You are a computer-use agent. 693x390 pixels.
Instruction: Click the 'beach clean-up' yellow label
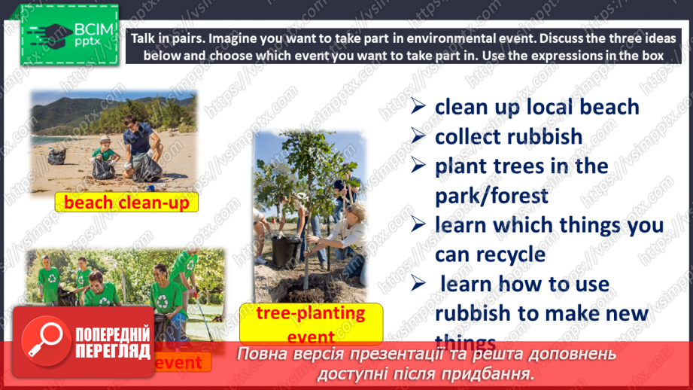[126, 203]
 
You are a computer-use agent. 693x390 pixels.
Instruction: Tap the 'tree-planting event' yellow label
[311, 323]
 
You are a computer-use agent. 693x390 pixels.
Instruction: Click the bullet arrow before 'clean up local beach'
[419, 106]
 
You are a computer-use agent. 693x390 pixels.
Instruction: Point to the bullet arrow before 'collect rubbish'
[419, 136]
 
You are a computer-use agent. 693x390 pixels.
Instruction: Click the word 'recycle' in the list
[511, 254]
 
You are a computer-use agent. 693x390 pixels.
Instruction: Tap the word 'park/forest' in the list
[491, 195]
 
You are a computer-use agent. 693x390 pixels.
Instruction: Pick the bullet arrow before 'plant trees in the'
[419, 166]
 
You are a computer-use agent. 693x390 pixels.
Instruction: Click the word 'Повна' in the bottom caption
[260, 354]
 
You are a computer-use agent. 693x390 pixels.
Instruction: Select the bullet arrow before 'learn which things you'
[419, 224]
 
